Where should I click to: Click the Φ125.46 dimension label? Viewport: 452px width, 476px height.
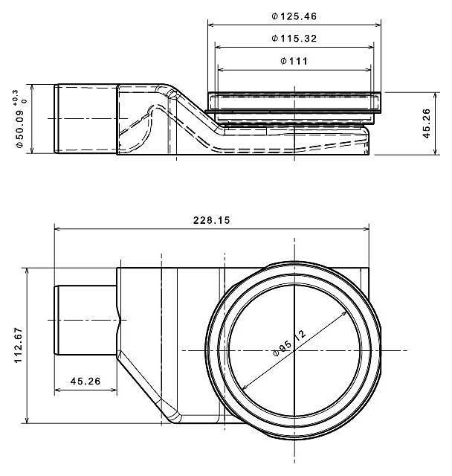294,16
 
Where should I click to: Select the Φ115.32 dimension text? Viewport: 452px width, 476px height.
294,39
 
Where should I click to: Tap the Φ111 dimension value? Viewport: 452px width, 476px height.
294,61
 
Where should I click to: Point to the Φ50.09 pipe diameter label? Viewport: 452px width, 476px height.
20,128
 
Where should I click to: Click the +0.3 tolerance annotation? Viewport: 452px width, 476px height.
16,97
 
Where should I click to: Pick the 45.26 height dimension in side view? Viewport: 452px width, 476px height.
427,123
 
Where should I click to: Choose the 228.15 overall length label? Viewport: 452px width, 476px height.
212,220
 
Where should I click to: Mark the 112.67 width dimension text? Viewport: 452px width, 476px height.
18,345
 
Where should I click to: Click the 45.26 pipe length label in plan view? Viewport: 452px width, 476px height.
85,381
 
